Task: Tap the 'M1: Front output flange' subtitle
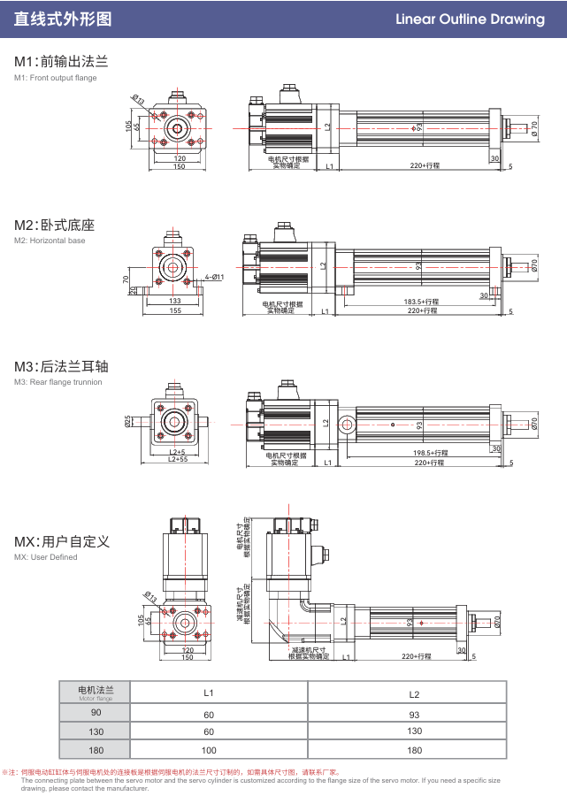[x=56, y=78]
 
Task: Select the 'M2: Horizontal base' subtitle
[x=50, y=241]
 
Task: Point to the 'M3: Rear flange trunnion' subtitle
[x=58, y=382]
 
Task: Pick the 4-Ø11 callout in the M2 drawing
[x=215, y=277]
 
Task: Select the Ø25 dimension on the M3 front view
[x=128, y=421]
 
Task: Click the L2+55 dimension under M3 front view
[x=176, y=459]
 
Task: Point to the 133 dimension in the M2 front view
[x=175, y=301]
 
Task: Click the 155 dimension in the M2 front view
[x=175, y=310]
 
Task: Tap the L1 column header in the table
[x=210, y=692]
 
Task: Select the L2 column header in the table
[x=414, y=694]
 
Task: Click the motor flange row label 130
[x=96, y=731]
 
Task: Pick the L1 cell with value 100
[x=210, y=750]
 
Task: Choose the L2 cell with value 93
[x=414, y=714]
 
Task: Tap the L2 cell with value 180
[x=414, y=750]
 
